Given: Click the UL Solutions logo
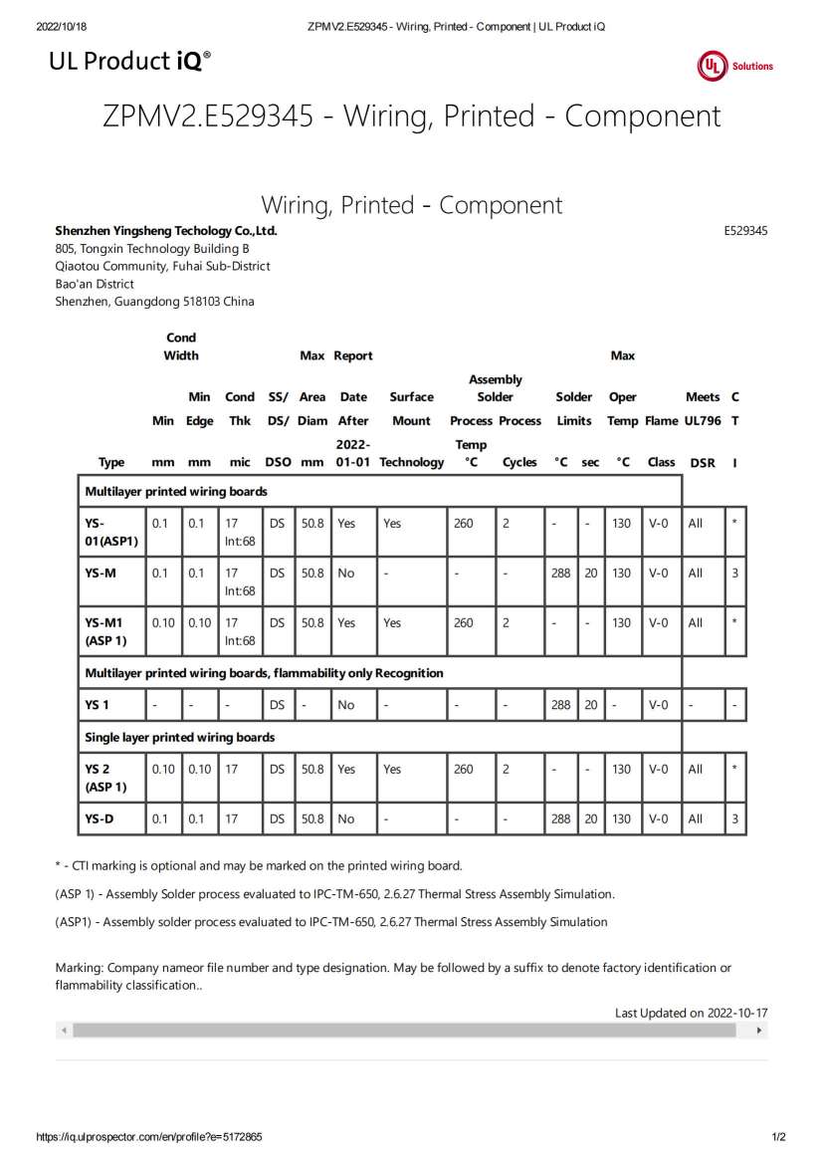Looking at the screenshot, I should point(734,66).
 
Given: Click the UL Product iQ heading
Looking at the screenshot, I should point(129,62).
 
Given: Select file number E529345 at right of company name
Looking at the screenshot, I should point(745,231).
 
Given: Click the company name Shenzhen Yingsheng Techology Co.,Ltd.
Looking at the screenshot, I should point(166,231).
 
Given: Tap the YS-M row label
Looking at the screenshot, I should point(101,573).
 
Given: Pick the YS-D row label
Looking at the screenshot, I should point(100,818).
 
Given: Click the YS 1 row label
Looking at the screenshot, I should point(97,705).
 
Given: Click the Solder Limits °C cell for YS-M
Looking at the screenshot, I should point(561,573).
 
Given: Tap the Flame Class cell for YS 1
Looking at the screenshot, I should point(658,705).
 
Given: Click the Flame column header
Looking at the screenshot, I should point(661,421).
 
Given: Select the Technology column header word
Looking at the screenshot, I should point(411,462).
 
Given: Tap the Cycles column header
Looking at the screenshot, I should point(519,462).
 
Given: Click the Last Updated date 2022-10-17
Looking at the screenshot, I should point(737,1013).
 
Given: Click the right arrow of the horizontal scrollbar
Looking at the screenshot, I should point(760,1031).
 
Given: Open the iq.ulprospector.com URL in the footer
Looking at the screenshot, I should point(149,1137).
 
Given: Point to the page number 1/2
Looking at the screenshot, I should point(778,1137).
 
